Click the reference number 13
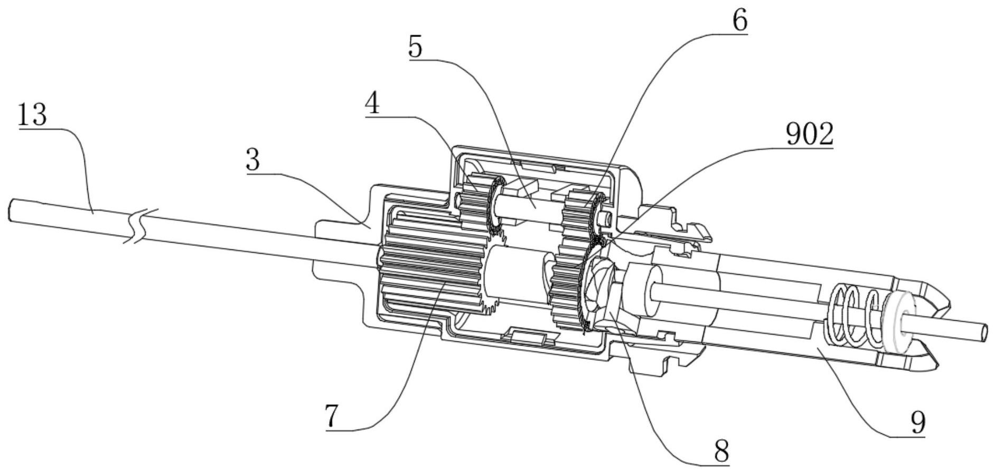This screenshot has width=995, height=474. [32, 115]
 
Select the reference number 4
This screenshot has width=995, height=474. [372, 104]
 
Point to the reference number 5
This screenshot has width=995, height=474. [416, 47]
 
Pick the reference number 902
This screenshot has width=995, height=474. [810, 134]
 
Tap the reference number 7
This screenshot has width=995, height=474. [331, 416]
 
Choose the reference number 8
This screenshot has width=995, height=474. [721, 451]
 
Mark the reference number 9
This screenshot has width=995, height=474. [918, 422]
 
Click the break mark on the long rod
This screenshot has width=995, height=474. [140, 226]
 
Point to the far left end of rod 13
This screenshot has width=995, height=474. [11, 210]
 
